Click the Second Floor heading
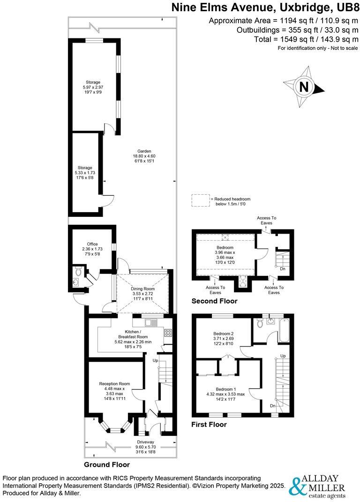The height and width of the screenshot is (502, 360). click(x=214, y=301)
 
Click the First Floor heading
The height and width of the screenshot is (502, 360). click(x=209, y=425)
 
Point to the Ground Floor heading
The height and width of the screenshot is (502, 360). click(x=107, y=465)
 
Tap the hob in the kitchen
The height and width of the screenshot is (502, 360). click(x=168, y=333)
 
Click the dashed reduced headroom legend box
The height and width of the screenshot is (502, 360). click(x=200, y=200)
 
